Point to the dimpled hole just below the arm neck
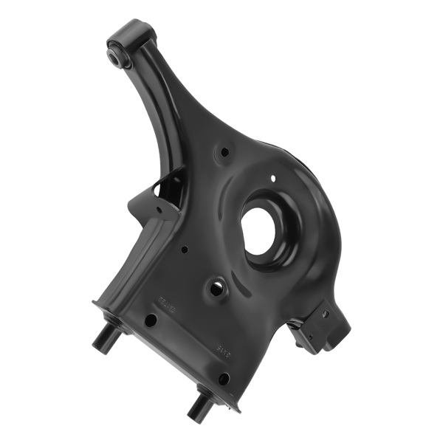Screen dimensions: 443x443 pyautogui.click(x=224, y=154)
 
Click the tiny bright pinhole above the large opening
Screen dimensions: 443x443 pyautogui.click(x=274, y=178)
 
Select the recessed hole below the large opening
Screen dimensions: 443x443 pyautogui.click(x=216, y=289)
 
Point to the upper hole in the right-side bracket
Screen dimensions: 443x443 pyautogui.click(x=324, y=314)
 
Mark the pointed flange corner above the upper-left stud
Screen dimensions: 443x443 pyautogui.click(x=95, y=302)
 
